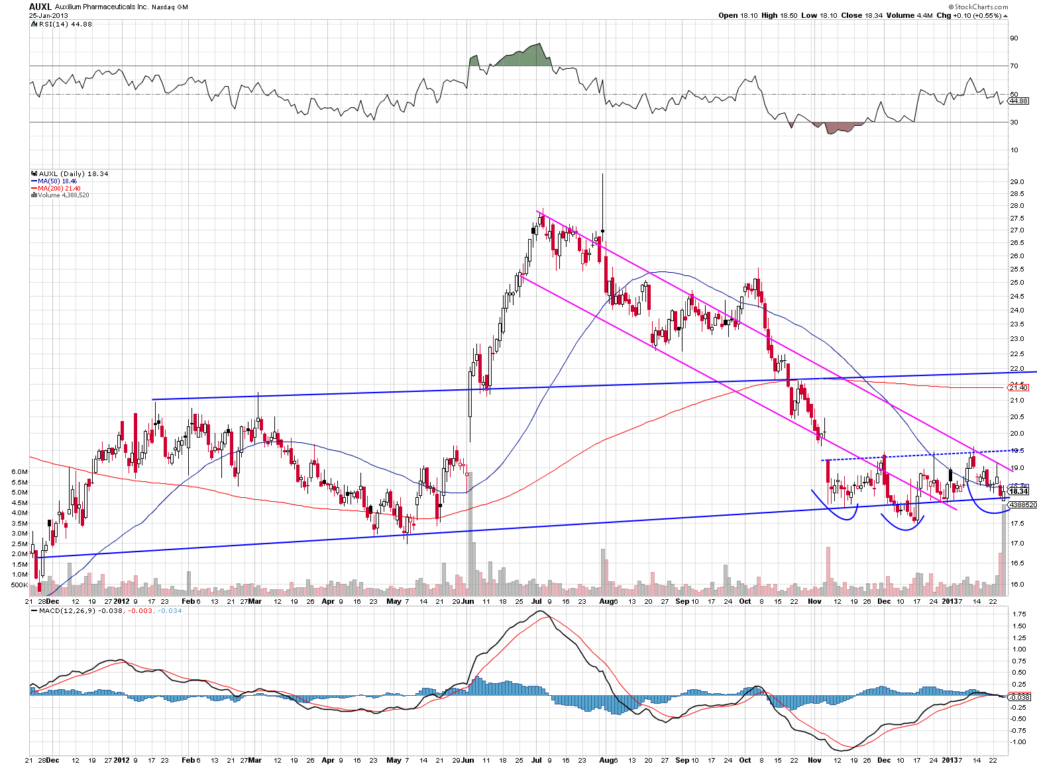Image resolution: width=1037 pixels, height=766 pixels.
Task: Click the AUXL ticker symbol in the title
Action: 40,6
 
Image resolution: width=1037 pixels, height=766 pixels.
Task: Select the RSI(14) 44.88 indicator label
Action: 62,24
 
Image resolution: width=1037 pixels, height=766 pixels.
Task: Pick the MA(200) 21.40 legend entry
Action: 58,188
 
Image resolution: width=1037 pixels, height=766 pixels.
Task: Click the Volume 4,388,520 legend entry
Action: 62,195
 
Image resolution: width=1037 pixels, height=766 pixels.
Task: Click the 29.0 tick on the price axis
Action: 1016,181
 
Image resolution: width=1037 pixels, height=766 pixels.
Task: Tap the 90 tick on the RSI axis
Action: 1014,38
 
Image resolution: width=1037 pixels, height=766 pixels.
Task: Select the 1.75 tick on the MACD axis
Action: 1019,614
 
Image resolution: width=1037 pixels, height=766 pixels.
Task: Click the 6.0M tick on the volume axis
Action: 19,471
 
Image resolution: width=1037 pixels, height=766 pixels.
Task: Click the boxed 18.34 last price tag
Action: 1018,491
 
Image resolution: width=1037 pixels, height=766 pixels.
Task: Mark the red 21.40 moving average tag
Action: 1018,387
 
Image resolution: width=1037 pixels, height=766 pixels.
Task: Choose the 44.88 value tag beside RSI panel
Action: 1018,101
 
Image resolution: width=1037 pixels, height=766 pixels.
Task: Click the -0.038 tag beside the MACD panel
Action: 1018,697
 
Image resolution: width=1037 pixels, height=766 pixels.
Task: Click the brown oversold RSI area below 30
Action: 838,127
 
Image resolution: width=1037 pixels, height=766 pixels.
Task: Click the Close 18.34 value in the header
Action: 862,15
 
